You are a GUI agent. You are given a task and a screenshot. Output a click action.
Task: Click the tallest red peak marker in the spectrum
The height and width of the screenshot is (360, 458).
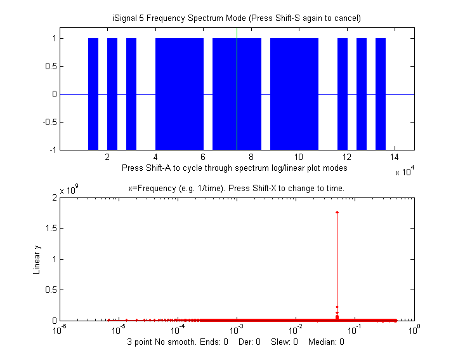pos(337,212)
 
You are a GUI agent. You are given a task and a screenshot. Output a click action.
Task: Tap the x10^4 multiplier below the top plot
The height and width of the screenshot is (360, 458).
pos(404,172)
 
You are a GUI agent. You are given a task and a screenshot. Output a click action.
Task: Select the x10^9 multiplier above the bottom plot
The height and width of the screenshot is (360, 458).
pos(68,190)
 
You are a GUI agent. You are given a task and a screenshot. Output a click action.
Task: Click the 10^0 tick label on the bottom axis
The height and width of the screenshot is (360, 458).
pos(415,330)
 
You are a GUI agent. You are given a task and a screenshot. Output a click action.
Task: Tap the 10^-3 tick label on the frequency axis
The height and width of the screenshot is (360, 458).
pos(237,330)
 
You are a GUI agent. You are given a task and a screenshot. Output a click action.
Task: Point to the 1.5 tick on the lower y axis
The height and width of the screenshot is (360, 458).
pos(51,229)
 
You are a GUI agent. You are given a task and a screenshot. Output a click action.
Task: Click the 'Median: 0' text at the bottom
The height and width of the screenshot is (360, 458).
pos(326,342)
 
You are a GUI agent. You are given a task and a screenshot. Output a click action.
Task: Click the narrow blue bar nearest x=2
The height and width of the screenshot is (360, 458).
pos(112,93)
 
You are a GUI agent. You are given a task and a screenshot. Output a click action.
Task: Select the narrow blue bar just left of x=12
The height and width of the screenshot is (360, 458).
pos(343,93)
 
